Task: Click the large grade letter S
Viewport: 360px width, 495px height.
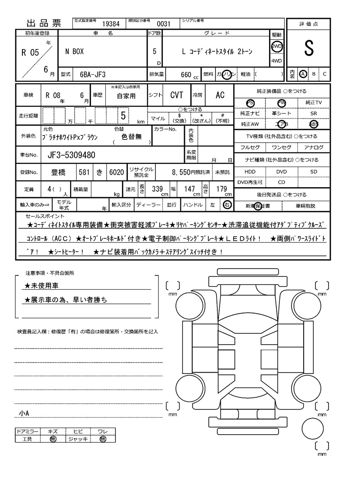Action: pos(308,49)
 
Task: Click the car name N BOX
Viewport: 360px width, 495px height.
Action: pos(74,52)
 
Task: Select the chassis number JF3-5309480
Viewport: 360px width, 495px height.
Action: pos(71,155)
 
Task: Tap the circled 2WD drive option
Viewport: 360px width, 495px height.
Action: pos(276,46)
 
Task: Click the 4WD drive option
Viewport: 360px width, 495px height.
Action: pos(276,61)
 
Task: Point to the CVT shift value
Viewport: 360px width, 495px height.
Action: pos(176,95)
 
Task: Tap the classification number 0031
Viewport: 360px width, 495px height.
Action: pos(163,24)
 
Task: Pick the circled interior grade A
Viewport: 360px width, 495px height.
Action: pos(303,74)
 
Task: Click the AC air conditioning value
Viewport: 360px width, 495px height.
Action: pos(220,95)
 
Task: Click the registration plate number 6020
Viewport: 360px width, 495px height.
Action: pos(116,172)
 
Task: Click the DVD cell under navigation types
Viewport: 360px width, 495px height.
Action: pos(281,172)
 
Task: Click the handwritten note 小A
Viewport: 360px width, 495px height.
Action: pos(24,413)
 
